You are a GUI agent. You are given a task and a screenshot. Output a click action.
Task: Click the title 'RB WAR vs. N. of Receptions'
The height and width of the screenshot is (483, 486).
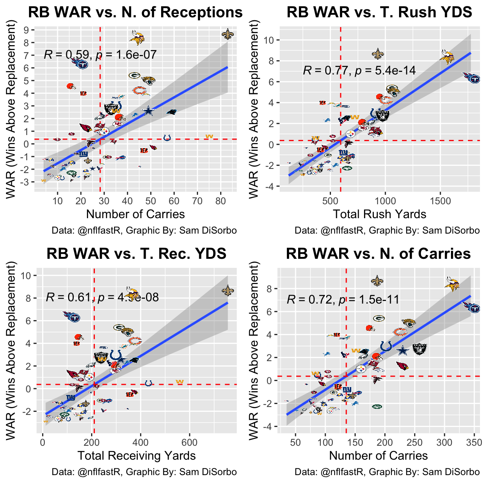coord(136,12)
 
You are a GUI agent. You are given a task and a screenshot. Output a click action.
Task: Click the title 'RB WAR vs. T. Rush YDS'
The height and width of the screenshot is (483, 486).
coord(379,12)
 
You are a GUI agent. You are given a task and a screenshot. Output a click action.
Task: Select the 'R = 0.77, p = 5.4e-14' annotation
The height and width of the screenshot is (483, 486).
coord(359,70)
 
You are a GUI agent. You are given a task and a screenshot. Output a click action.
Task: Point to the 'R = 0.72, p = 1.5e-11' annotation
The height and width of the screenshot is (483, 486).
coord(343,299)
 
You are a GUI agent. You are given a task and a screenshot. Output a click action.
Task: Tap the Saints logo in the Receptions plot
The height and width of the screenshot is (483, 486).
coord(227,35)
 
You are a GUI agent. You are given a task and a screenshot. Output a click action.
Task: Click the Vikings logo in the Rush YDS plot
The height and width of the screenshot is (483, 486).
coord(447,57)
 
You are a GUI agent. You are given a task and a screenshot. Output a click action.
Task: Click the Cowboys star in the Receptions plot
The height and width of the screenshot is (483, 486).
coord(149,111)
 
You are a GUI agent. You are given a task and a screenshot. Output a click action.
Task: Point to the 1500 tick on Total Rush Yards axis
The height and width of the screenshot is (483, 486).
coord(440,201)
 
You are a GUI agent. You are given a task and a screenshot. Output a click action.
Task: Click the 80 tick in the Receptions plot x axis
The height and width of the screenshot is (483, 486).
coord(221,201)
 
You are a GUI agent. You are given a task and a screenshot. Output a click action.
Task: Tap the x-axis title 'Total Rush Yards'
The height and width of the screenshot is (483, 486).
coord(379,214)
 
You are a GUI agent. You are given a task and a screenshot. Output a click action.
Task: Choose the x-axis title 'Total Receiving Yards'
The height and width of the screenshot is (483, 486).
coord(137,456)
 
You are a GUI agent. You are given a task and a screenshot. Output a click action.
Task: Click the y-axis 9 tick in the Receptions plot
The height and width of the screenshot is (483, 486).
coord(27,30)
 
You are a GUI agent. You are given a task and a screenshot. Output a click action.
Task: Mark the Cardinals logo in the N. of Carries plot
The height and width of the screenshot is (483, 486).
coord(402,366)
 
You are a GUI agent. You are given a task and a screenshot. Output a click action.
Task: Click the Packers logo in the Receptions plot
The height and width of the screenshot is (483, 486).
coord(134,75)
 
